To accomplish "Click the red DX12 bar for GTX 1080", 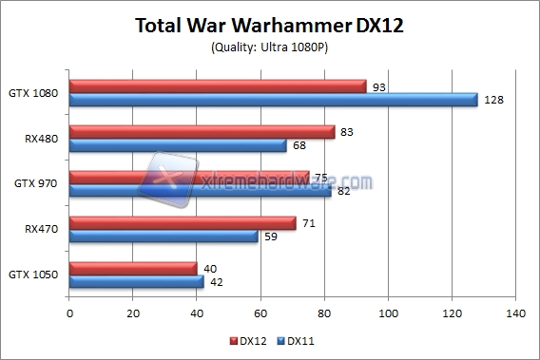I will [218, 86].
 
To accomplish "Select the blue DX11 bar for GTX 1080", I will [274, 100].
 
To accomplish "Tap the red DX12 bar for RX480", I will [202, 132].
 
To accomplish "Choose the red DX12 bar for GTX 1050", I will [133, 269].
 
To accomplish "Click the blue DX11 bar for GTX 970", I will [201, 191].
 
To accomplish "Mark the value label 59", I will [271, 237].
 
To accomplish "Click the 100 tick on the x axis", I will [388, 313].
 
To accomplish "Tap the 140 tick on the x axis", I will [515, 313].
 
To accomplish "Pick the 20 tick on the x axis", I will [133, 313].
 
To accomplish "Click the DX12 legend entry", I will [250, 339].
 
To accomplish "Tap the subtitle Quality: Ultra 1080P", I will [270, 47].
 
